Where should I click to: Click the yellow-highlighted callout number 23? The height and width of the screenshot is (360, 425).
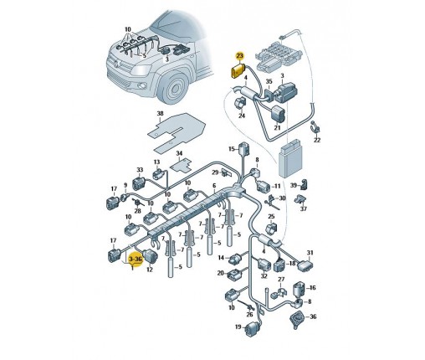(x=239, y=56)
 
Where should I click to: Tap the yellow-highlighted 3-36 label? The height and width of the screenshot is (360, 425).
(x=136, y=260)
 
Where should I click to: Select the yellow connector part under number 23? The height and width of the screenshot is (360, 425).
(x=237, y=71)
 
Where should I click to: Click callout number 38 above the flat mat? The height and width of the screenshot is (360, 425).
(x=160, y=114)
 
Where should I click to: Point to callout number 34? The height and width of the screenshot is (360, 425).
(x=179, y=154)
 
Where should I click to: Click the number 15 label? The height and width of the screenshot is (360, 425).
(x=232, y=149)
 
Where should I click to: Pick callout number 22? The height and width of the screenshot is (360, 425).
(x=317, y=140)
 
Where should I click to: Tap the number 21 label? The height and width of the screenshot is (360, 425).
(x=277, y=127)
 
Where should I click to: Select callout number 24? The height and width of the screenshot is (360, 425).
(x=242, y=116)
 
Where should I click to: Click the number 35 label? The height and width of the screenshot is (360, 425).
(x=269, y=81)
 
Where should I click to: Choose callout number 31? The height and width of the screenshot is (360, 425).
(x=310, y=253)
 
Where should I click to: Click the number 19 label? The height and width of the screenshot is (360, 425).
(x=238, y=327)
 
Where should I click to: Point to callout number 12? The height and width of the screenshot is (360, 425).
(x=150, y=270)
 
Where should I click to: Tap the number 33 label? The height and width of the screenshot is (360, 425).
(x=140, y=170)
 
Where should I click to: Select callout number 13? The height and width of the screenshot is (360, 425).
(x=156, y=162)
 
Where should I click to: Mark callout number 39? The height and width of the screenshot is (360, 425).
(x=294, y=186)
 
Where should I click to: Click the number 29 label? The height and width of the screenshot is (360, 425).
(x=215, y=172)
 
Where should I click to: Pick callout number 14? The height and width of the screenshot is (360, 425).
(x=221, y=258)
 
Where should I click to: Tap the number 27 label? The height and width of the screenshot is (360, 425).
(x=281, y=280)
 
